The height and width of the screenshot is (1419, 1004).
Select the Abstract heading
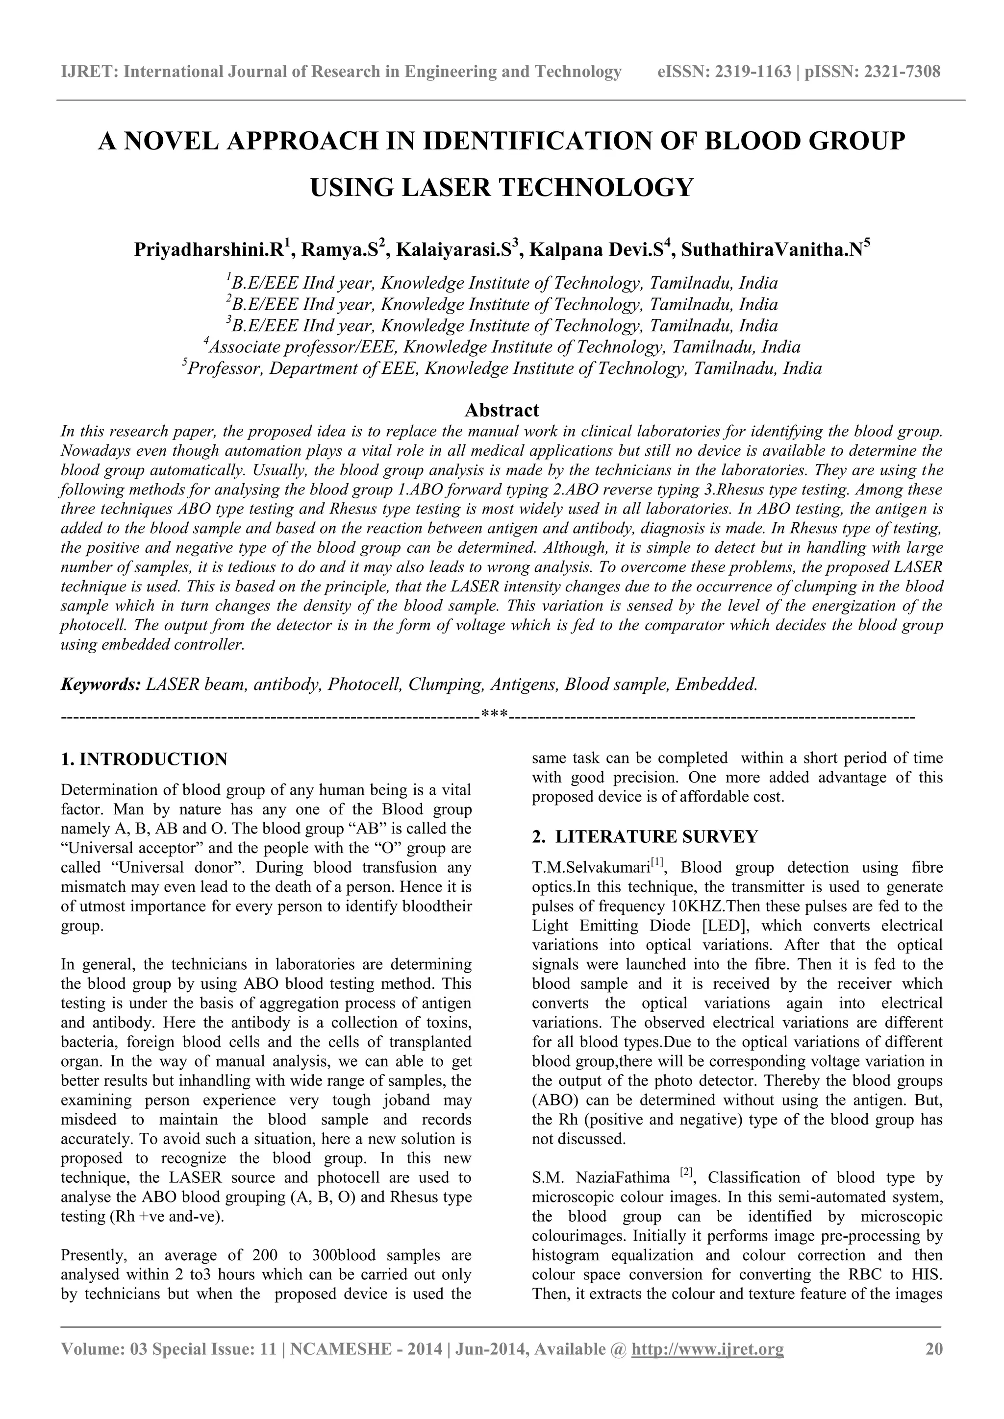(x=502, y=410)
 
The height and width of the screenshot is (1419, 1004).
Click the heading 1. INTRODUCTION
(x=144, y=759)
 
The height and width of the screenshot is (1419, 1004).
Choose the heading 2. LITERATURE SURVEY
(x=644, y=837)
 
